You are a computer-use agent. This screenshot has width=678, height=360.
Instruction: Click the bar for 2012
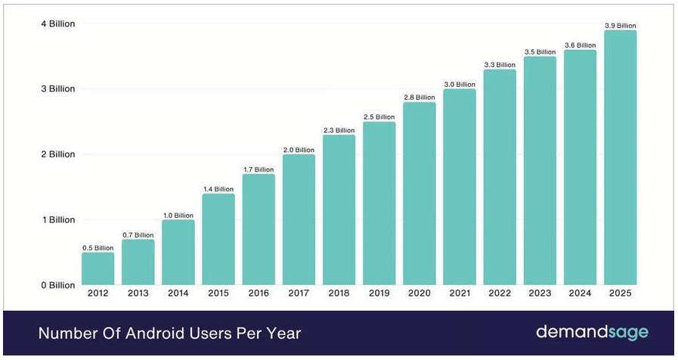point(98,268)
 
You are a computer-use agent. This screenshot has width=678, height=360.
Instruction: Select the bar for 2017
point(299,220)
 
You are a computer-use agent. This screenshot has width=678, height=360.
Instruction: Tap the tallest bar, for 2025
point(621,157)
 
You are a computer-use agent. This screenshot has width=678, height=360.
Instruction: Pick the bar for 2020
point(419,194)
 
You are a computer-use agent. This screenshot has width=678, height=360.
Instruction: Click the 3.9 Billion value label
point(621,26)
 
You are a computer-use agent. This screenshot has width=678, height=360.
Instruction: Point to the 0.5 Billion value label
point(98,248)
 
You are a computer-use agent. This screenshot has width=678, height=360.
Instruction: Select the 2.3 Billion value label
point(339,130)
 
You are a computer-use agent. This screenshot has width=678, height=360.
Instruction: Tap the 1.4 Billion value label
point(218,189)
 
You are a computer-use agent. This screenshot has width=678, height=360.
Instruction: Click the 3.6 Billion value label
point(580,45)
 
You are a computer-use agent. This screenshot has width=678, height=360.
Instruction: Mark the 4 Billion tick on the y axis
point(58,23)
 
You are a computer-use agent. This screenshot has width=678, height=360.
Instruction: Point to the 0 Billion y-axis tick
point(58,285)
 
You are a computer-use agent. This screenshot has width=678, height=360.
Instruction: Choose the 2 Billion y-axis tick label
point(58,154)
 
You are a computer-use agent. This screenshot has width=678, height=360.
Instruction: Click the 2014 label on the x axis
point(178,293)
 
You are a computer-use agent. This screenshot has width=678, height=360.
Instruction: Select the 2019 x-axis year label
point(379,293)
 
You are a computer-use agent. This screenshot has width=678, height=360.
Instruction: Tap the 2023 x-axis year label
point(540,293)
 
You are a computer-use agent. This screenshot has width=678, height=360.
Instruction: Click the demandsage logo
point(593,332)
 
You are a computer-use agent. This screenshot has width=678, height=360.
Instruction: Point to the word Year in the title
point(283,334)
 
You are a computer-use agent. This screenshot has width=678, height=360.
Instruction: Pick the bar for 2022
point(500,177)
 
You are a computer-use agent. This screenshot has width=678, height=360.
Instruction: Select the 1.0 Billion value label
point(178,216)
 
